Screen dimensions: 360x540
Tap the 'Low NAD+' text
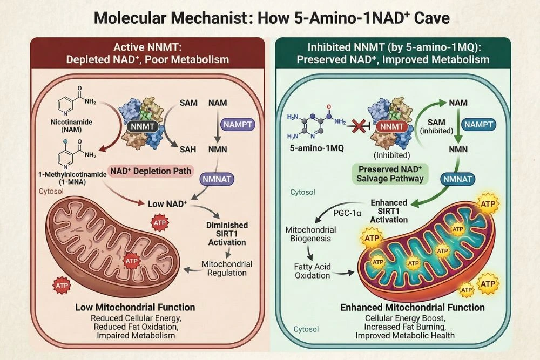[x=167, y=204]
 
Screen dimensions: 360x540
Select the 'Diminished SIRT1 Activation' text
[x=227, y=233]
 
